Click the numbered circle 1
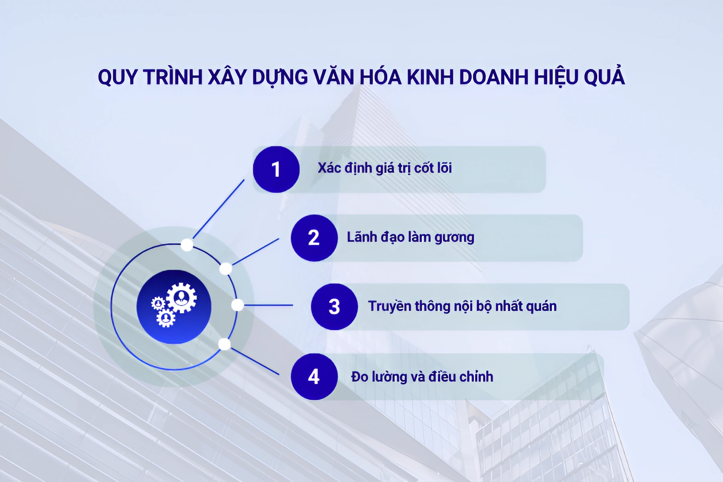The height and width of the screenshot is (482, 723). (276, 169)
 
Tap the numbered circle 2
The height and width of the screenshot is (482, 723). (314, 238)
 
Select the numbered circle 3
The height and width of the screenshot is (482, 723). (334, 307)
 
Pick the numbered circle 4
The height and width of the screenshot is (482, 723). (314, 377)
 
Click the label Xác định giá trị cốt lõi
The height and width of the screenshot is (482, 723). (384, 168)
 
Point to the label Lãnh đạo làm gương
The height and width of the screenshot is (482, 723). (411, 237)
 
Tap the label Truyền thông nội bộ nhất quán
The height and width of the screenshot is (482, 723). (462, 306)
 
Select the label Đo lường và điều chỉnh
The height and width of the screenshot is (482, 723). (422, 377)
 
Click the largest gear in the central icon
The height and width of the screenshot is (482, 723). (182, 298)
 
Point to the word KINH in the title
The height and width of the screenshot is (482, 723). (430, 77)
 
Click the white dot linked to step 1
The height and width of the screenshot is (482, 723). (187, 245)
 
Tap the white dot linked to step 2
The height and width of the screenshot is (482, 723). (226, 269)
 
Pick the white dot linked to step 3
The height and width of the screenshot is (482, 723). (237, 305)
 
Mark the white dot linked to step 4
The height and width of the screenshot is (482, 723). (225, 344)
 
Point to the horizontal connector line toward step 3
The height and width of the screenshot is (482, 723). (268, 305)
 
